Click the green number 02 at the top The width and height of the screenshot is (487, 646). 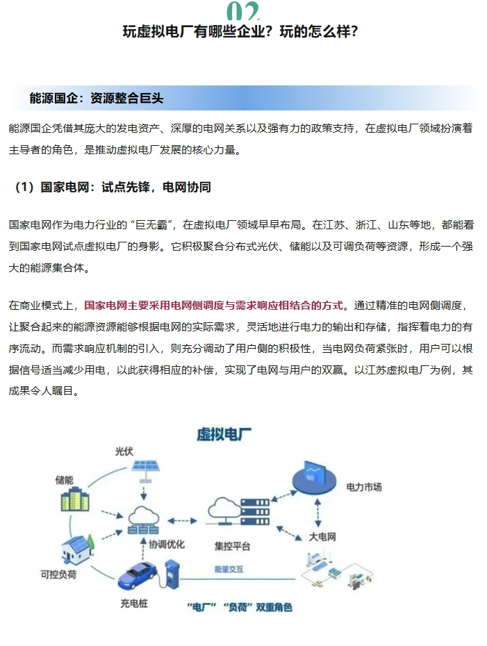pyautogui.click(x=242, y=10)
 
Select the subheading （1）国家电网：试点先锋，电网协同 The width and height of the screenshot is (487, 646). pyautogui.click(x=111, y=188)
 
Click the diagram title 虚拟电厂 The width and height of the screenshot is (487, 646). pyautogui.click(x=224, y=435)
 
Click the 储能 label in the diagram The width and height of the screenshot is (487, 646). pyautogui.click(x=65, y=480)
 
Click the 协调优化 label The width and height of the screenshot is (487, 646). pyautogui.click(x=167, y=545)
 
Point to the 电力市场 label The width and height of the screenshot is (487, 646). pyautogui.click(x=364, y=487)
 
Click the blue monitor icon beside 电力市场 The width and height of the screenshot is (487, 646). pyautogui.click(x=314, y=478)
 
